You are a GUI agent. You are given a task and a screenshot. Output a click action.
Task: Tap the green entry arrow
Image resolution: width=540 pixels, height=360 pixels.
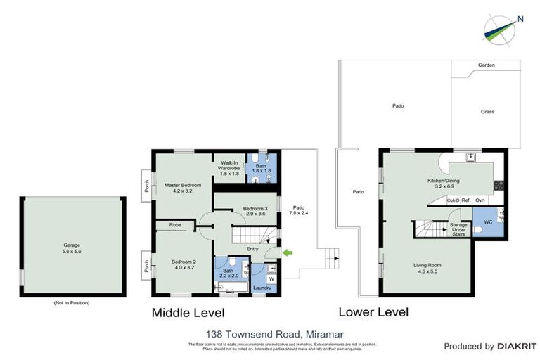point(287,252)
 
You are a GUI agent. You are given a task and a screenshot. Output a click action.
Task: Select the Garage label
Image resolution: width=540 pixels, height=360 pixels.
point(72,248)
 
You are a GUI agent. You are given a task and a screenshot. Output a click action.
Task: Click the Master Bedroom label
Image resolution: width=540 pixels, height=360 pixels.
point(183,188)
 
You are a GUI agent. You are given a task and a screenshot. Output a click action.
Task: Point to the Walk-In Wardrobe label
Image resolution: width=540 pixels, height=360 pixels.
point(229,166)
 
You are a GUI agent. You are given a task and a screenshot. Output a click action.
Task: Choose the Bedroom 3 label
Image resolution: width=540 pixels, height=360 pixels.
point(255,211)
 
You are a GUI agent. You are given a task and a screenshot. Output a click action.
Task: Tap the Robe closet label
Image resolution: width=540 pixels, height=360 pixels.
point(175,226)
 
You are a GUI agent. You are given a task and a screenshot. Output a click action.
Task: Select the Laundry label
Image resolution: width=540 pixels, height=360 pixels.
point(262,287)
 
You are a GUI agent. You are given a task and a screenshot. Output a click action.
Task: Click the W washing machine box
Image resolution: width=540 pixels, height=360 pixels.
point(271,278)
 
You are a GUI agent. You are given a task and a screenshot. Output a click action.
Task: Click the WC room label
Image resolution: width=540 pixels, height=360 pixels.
point(487,221)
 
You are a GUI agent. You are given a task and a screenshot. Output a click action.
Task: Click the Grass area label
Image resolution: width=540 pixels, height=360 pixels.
point(487,111)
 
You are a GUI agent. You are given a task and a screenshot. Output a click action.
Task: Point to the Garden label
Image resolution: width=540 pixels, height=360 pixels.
point(487,65)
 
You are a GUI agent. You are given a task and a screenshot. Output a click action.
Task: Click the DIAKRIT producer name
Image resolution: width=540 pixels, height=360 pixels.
point(517,347)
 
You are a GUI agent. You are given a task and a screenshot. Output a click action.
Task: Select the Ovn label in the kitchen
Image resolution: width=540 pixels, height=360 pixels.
point(480,201)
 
